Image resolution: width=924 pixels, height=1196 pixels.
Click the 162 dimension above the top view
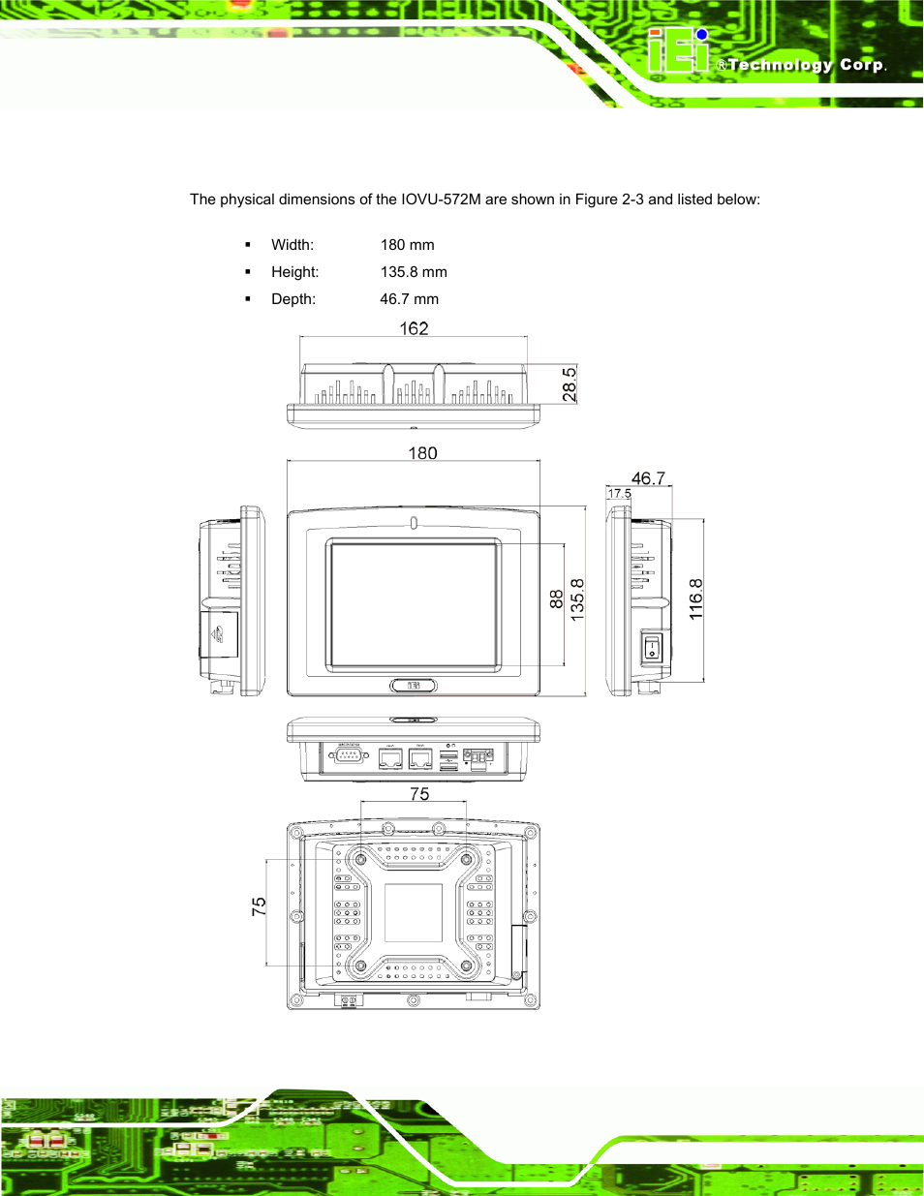[x=414, y=328]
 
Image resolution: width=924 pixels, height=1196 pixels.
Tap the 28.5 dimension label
[x=570, y=383]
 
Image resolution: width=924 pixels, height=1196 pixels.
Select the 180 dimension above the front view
[x=422, y=453]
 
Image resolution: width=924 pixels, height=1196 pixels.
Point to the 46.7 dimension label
[x=648, y=478]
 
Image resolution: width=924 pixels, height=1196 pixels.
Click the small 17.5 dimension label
[x=619, y=494]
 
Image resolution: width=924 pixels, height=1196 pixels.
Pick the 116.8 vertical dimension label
[x=695, y=599]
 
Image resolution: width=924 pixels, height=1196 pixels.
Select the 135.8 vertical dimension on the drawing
[x=577, y=599]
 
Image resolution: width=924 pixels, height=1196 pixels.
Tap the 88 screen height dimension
[x=556, y=599]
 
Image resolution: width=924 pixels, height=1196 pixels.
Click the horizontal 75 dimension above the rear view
[x=419, y=794]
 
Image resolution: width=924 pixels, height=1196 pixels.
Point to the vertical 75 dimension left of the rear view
[x=259, y=906]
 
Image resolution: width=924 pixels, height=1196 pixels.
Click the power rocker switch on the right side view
[x=653, y=646]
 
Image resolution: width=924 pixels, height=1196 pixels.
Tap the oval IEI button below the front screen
[x=414, y=686]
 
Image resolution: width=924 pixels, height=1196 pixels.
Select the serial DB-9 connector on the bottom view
[x=349, y=755]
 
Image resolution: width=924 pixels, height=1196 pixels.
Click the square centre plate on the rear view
[x=414, y=912]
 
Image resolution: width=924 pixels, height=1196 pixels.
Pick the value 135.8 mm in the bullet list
[x=414, y=272]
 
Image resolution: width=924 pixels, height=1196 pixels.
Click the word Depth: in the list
[x=293, y=299]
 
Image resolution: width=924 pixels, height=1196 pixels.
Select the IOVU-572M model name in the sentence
[x=442, y=199]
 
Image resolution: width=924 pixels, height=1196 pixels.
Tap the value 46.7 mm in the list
[x=409, y=299]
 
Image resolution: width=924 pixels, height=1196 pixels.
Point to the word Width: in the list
[x=293, y=245]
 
